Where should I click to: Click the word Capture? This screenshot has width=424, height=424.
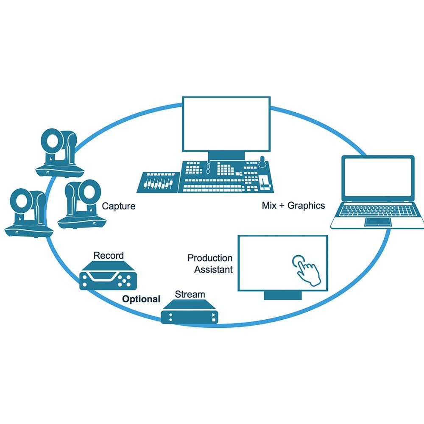(119, 206)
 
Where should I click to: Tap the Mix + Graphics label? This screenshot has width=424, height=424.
(293, 206)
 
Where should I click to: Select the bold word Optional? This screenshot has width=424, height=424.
(141, 299)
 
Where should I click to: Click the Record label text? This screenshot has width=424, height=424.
(109, 256)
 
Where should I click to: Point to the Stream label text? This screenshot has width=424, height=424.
(190, 294)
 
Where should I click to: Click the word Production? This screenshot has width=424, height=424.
(210, 258)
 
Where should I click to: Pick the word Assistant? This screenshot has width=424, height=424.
(213, 269)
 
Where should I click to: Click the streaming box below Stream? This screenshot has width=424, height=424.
(190, 313)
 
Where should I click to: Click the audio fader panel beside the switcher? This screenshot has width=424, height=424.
(157, 182)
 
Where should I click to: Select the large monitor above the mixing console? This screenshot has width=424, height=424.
(226, 123)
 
